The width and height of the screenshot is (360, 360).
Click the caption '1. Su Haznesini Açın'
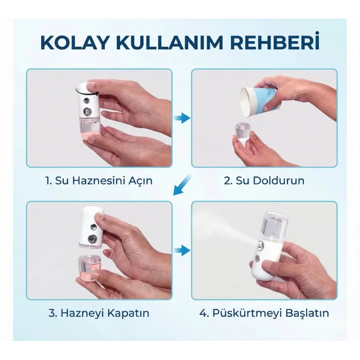point(99,181)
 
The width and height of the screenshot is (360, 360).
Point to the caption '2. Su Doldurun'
point(264,181)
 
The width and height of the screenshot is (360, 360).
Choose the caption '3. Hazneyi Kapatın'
point(99,313)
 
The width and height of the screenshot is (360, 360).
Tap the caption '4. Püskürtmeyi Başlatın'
point(264,313)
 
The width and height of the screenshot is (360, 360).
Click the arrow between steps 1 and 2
point(182,118)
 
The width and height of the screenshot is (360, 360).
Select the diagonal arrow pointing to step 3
point(182,186)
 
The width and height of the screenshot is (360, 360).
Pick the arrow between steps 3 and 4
point(182,251)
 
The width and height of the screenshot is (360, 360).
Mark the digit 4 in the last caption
point(203,313)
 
